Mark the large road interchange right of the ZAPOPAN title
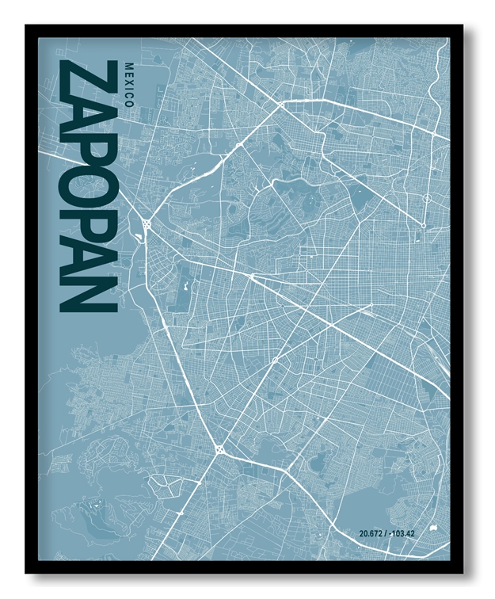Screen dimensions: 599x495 click(147, 226)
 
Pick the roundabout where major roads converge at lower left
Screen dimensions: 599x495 click(219, 449)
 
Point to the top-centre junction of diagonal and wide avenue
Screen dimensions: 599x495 click(281, 104)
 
